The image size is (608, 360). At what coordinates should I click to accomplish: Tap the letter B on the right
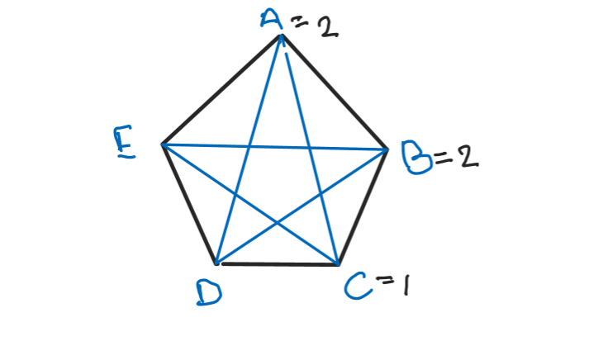pyautogui.click(x=416, y=157)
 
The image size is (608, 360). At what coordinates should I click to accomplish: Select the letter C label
pyautogui.click(x=356, y=289)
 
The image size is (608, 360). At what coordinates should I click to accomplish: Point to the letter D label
pyautogui.click(x=207, y=291)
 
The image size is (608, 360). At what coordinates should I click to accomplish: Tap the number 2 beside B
pyautogui.click(x=468, y=156)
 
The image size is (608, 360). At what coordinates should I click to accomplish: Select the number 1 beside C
pyautogui.click(x=404, y=288)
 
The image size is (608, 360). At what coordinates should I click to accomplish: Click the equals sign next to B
pyautogui.click(x=444, y=156)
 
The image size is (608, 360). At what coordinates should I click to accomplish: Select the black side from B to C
pyautogui.click(x=363, y=206)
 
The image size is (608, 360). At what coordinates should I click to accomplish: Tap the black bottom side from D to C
pyautogui.click(x=278, y=264)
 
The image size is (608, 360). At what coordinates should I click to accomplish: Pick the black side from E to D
pyautogui.click(x=189, y=205)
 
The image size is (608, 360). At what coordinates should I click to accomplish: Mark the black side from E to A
pyautogui.click(x=221, y=90)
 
